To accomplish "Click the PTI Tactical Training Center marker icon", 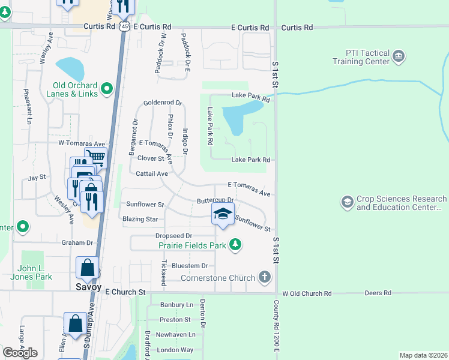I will coord(399,58).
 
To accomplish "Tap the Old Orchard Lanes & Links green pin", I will coord(107,89).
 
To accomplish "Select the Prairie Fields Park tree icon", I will coord(237,245).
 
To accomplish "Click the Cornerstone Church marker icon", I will coord(264,277).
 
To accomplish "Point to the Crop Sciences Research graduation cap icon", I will coord(347,203).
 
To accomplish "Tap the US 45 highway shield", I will coord(124,27).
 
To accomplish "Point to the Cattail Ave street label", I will coord(152,173).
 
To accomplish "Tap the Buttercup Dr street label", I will coord(215,200).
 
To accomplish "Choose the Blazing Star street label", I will coord(140,219).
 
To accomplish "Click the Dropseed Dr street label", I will coord(173,236).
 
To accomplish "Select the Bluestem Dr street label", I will coord(189,265).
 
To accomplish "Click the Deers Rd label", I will coord(378,293).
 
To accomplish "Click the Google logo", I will coord(20,352).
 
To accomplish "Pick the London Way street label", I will coord(175,350).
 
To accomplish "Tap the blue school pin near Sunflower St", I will coord(223,214).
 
